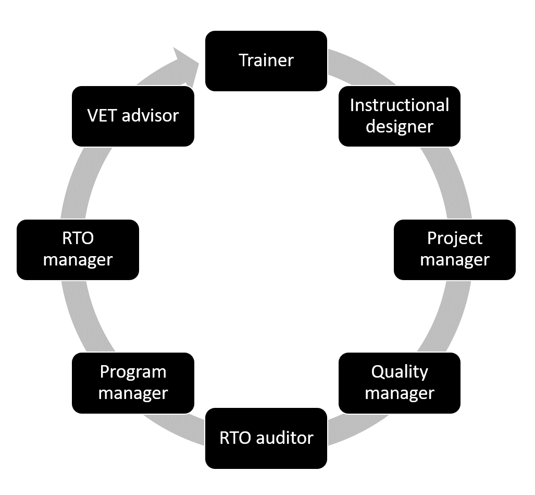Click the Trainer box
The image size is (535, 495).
tap(266, 61)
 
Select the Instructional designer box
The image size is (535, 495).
tap(399, 116)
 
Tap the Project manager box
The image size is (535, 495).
tap(454, 249)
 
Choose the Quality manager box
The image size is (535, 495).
tap(399, 383)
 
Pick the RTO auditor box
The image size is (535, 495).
tap(266, 438)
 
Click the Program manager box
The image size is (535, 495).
tap(133, 383)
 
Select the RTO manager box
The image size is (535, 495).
tap(78, 249)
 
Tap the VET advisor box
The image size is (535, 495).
tap(133, 116)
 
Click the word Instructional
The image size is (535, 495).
tap(399, 105)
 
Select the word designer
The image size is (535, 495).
tap(399, 127)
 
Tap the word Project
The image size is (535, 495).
tap(455, 238)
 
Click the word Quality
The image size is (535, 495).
tap(400, 372)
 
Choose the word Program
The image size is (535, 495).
tap(133, 372)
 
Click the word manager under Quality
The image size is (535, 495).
tap(399, 393)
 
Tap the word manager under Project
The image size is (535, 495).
tap(454, 260)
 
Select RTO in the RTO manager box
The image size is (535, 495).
tap(78, 238)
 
